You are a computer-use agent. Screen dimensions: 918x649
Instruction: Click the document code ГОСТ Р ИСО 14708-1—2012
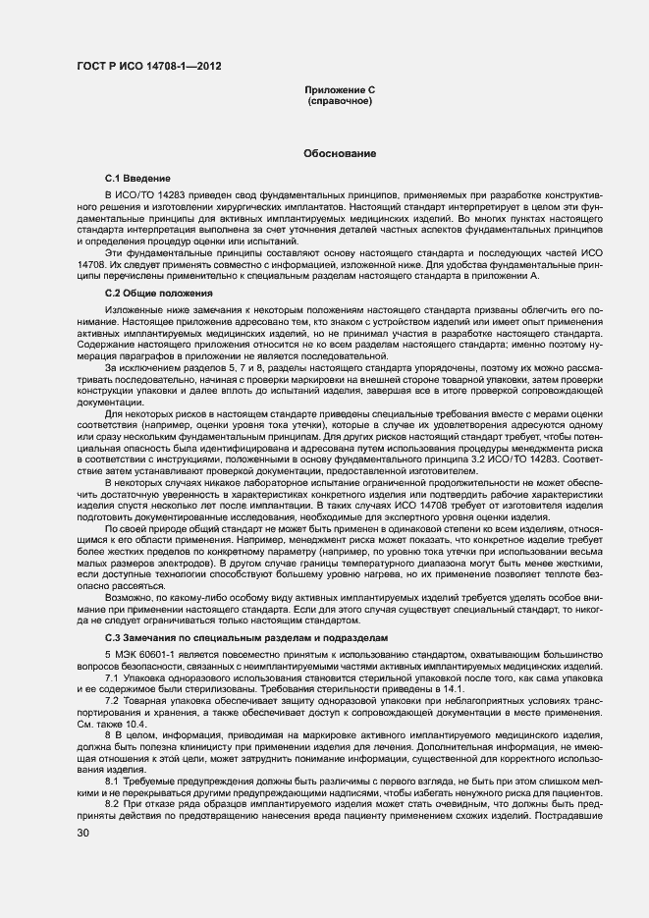click(x=148, y=66)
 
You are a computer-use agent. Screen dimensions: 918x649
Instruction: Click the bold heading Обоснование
click(x=340, y=154)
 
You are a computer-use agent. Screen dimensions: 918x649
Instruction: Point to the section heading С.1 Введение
click(x=137, y=180)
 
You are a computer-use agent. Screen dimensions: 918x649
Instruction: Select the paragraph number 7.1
click(x=112, y=677)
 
